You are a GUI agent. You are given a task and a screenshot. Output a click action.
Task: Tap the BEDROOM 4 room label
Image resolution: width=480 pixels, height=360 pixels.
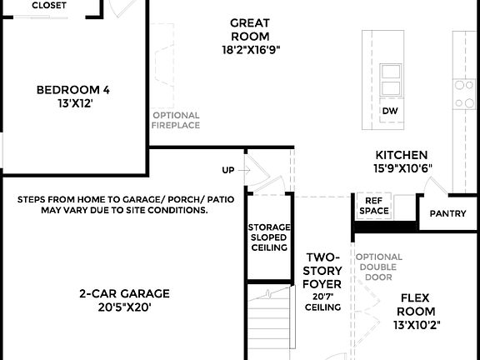coord(73,90)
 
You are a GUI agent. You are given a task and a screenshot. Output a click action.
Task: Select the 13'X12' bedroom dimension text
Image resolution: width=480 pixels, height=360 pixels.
coord(73,104)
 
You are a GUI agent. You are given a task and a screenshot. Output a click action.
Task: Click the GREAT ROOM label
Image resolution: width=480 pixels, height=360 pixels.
coord(249,29)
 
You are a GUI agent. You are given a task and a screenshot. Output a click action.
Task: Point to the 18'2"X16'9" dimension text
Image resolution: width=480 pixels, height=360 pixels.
coord(249,49)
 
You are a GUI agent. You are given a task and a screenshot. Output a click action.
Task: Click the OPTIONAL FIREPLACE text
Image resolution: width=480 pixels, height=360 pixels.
coord(176,120)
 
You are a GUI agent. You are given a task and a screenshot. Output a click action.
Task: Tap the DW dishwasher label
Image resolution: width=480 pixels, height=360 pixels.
coord(389,111)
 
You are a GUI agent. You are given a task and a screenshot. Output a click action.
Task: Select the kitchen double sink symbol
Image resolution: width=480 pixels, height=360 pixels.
coord(390,80)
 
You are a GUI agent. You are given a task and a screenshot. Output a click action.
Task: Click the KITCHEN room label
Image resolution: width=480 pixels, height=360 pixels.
coord(402,155)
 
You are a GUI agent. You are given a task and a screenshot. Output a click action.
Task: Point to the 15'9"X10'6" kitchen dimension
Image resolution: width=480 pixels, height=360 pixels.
coord(402,169)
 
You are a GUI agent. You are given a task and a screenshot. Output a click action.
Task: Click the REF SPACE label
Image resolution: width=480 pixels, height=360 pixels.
coord(373,206)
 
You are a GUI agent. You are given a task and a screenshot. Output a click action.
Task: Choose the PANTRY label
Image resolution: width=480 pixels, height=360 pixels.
coord(447,214)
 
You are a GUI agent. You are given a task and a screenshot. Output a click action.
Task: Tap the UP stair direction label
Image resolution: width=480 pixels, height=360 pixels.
coord(227,170)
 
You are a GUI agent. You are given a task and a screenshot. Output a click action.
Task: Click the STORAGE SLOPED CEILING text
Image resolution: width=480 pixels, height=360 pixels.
coord(267,237)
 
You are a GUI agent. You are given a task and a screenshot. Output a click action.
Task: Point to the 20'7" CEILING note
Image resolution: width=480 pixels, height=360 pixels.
coord(323,302)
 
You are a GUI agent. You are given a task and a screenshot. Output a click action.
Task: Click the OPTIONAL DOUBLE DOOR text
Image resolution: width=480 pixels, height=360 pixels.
coord(379,267)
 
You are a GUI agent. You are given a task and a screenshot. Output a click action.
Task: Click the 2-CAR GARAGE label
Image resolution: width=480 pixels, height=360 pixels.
coord(124,293)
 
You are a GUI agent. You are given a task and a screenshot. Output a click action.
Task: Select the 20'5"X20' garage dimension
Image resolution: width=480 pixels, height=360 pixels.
coord(124,307)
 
